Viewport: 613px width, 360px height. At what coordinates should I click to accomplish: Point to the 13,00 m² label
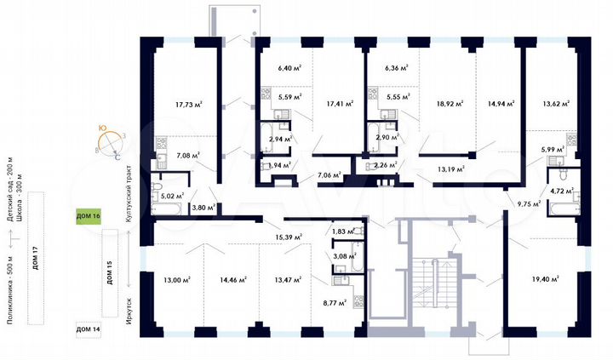pos(176,278)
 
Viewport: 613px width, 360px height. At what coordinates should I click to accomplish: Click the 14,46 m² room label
pos(232,278)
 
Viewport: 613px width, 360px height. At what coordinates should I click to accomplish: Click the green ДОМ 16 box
pos(89,217)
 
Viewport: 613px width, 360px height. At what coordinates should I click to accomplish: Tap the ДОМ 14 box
pos(89,329)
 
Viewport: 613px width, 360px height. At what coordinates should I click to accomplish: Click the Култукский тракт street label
pos(129,195)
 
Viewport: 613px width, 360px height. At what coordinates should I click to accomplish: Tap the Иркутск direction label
pos(129,300)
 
